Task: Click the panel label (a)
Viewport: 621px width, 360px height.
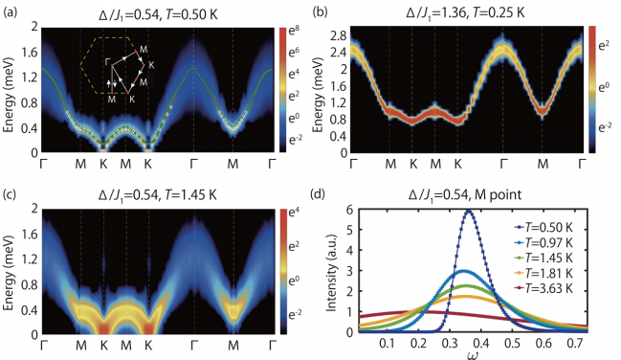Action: [11, 9]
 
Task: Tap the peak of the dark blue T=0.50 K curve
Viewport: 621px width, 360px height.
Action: [468, 212]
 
